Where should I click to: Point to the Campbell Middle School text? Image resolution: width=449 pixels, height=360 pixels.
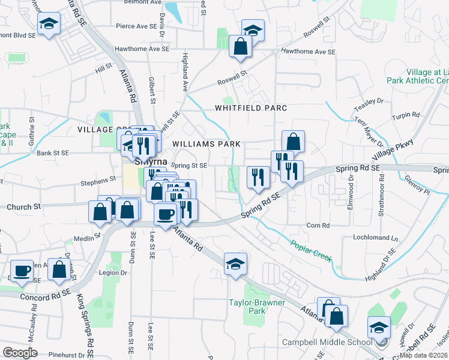(x=327, y=343)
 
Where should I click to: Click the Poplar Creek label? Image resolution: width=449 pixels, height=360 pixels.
(x=312, y=250)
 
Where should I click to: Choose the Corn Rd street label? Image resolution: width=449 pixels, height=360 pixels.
(x=318, y=226)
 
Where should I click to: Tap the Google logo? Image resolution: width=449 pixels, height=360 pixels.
(x=20, y=353)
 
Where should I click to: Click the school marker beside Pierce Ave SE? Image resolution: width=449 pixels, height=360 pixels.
(x=48, y=25)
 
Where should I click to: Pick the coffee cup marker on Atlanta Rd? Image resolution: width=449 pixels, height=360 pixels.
(x=165, y=213)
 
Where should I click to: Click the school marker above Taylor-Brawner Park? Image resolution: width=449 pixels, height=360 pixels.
(x=235, y=263)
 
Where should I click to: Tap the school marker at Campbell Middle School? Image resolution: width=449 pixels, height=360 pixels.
(x=379, y=328)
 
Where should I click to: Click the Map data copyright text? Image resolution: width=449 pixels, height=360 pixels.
(x=423, y=355)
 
